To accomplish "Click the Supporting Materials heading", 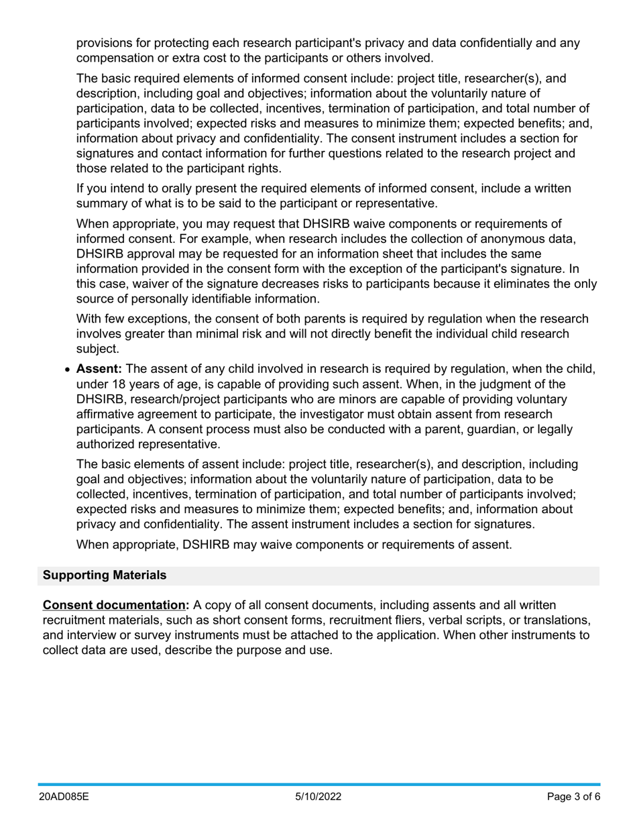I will [105, 575].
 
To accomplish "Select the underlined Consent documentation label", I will [114, 605].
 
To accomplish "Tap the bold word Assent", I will [99, 369].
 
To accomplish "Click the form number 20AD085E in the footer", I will [64, 797].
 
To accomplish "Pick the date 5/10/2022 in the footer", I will [318, 797].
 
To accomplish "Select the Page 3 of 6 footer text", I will [573, 797].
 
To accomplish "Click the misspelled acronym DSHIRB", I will [208, 545].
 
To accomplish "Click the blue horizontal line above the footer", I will [318, 784].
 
